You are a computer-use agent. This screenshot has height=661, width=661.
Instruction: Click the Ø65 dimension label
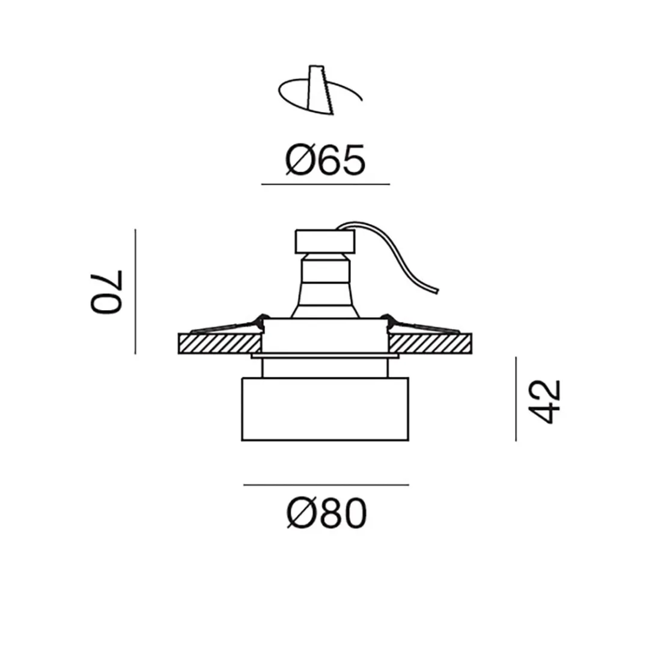(x=325, y=160)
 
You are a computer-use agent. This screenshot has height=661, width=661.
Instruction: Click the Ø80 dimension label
(x=326, y=515)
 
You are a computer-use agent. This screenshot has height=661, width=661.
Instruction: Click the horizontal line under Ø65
(x=325, y=184)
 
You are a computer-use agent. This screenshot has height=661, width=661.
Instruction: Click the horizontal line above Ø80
(x=326, y=484)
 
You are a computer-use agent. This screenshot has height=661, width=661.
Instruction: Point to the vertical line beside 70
(x=136, y=291)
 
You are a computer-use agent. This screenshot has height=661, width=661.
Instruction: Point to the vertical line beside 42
(x=516, y=398)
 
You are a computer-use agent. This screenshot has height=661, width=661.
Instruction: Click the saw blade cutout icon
(x=318, y=90)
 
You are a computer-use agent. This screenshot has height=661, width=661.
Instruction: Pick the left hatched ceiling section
(x=219, y=344)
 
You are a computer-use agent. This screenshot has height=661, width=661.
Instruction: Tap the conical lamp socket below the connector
(x=324, y=288)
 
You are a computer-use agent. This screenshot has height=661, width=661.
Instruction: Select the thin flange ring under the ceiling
(x=324, y=358)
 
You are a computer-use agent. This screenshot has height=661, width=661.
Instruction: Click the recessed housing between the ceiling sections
(x=325, y=336)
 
